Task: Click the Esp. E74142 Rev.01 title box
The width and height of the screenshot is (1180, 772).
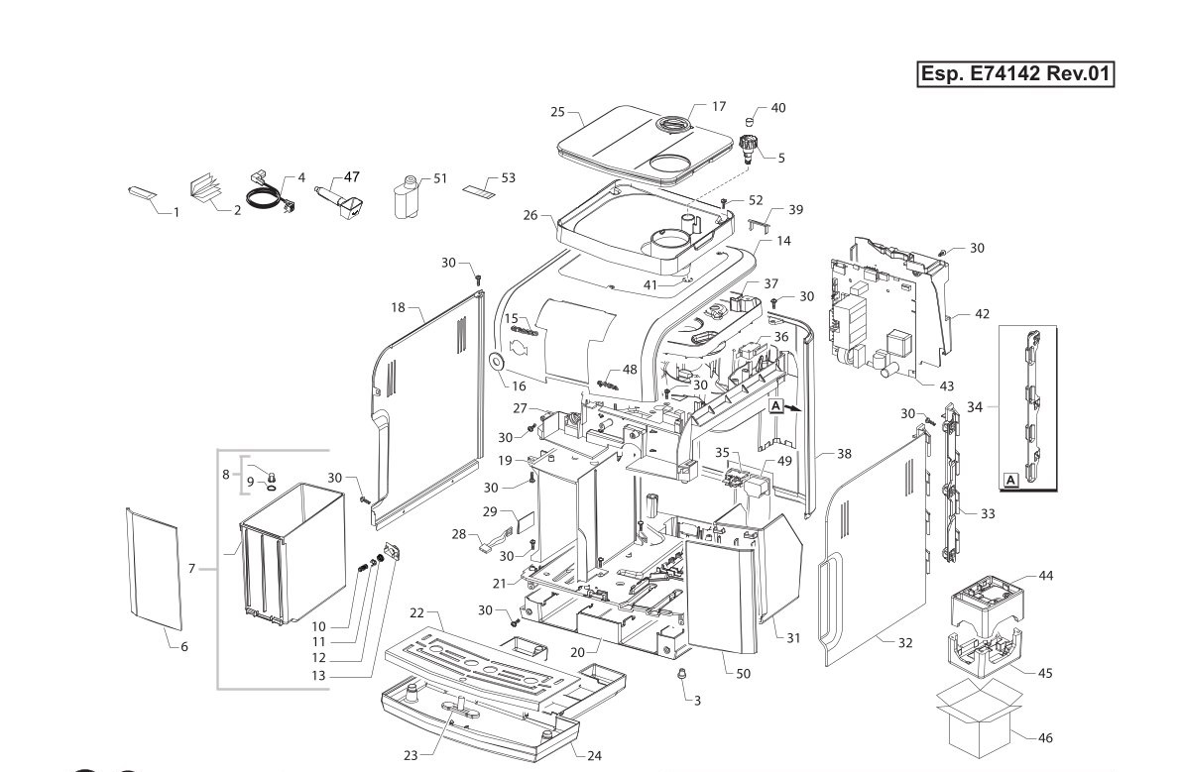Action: (x=1015, y=73)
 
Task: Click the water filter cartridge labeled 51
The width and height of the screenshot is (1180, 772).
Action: (x=407, y=198)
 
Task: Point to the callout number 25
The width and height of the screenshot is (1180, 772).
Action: (x=557, y=112)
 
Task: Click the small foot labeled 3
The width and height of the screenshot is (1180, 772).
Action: (x=681, y=673)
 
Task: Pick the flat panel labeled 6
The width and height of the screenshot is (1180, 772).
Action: (x=155, y=568)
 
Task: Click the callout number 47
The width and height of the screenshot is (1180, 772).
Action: (x=351, y=176)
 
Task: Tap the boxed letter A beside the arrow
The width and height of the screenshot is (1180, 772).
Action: (x=776, y=405)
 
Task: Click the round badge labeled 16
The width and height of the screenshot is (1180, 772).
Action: (x=497, y=363)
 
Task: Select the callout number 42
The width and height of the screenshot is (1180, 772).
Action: (x=982, y=314)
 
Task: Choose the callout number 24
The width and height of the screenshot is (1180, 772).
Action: (x=595, y=755)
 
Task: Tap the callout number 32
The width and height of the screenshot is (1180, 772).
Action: (x=905, y=642)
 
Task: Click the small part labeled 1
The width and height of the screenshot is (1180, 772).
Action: (x=142, y=192)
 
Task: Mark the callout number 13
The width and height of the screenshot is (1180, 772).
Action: (x=319, y=676)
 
